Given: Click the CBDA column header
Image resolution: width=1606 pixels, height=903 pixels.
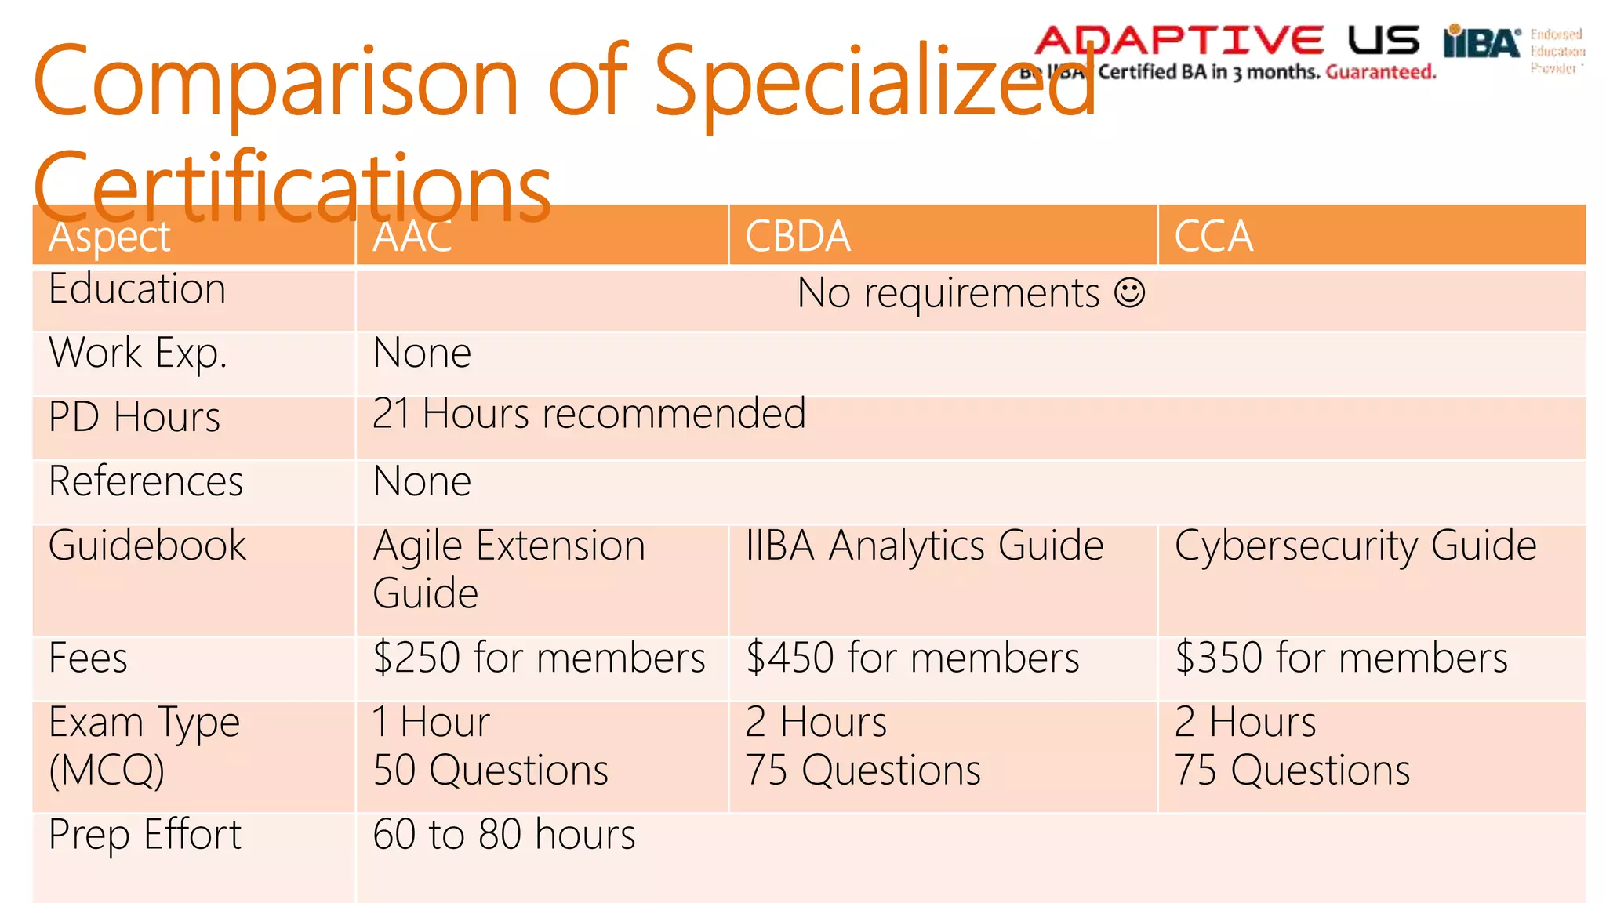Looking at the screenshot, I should coord(798,236).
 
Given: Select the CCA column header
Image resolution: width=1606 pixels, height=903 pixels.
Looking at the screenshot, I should coord(1213,236).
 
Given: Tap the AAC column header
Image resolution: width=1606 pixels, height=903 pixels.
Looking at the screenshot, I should coord(412,236).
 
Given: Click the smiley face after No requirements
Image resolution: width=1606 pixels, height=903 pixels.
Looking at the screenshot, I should coord(1130,293).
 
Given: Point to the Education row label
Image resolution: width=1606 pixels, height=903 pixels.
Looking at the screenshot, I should coord(137,289).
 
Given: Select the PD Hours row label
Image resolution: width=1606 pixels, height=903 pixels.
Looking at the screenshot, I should coord(134,417).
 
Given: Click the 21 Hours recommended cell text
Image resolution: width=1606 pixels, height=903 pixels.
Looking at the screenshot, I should coord(589,414).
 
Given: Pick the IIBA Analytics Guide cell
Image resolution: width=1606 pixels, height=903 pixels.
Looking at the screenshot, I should coord(925,546).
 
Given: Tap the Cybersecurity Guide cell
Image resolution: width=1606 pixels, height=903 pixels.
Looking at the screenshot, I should coord(1355,546).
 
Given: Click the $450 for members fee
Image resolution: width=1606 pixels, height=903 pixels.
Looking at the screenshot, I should coord(912,658).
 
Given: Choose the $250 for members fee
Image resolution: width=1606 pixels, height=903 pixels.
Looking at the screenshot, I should coord(539,658).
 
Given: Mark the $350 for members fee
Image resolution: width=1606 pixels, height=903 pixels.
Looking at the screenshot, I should coord(1341,658).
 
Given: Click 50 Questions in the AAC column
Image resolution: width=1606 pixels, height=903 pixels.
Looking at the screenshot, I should coord(491,771).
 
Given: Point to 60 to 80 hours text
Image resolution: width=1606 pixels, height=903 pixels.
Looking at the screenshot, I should coord(504,834).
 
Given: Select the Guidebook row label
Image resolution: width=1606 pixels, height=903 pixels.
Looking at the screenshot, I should coord(147,546).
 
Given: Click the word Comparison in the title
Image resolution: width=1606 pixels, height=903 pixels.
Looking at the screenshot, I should coord(275,82).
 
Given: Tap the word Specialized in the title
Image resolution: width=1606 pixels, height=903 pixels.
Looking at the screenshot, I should coord(874,82).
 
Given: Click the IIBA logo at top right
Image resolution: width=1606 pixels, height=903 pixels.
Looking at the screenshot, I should coord(1481,42).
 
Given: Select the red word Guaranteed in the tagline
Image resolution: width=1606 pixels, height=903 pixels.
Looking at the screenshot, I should coord(1381,73).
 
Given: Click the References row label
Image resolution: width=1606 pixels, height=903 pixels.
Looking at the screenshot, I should coord(146,481).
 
